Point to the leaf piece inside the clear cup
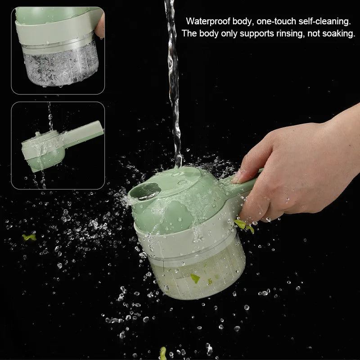tap(195, 278)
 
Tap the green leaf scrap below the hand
tap(243, 225)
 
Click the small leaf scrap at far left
tap(29, 237)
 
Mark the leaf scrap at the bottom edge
tap(163, 353)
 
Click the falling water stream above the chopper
tap(173, 81)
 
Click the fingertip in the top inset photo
tap(100, 25)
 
